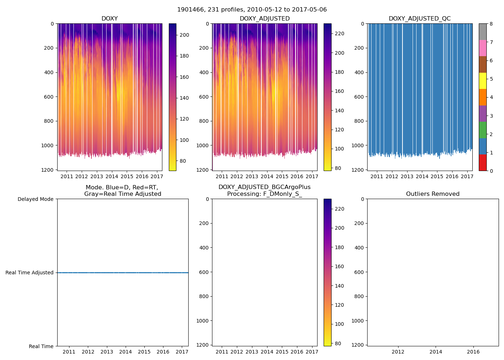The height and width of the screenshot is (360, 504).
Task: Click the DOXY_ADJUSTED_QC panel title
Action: pos(419,19)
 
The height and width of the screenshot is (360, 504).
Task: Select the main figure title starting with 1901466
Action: pos(252,10)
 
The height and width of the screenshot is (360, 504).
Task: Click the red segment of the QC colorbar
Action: pos(482,163)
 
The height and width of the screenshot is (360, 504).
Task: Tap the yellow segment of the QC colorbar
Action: pos(482,81)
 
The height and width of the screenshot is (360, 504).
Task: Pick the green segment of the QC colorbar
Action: pos(482,130)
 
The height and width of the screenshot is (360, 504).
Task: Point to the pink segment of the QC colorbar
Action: pos(482,48)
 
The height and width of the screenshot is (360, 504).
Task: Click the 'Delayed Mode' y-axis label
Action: pos(35,199)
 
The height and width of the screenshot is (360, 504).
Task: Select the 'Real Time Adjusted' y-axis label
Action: pos(30,273)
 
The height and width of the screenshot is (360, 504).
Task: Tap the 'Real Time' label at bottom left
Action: pos(41,346)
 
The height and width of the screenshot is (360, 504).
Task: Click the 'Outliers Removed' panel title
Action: pos(433,194)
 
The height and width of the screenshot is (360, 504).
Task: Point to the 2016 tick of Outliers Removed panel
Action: pos(473,352)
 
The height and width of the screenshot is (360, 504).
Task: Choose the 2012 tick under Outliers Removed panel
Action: pos(398,352)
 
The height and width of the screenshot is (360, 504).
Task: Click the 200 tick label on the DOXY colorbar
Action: pos(184,35)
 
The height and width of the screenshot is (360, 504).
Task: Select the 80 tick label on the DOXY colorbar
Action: pos(183,161)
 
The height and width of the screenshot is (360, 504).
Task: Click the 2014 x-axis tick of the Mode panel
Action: pos(126,352)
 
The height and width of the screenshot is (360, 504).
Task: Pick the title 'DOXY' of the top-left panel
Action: pos(109,19)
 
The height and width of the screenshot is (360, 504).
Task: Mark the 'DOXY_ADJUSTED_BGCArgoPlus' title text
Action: pos(264,187)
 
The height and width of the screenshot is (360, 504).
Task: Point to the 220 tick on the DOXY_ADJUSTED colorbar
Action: pos(339,33)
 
